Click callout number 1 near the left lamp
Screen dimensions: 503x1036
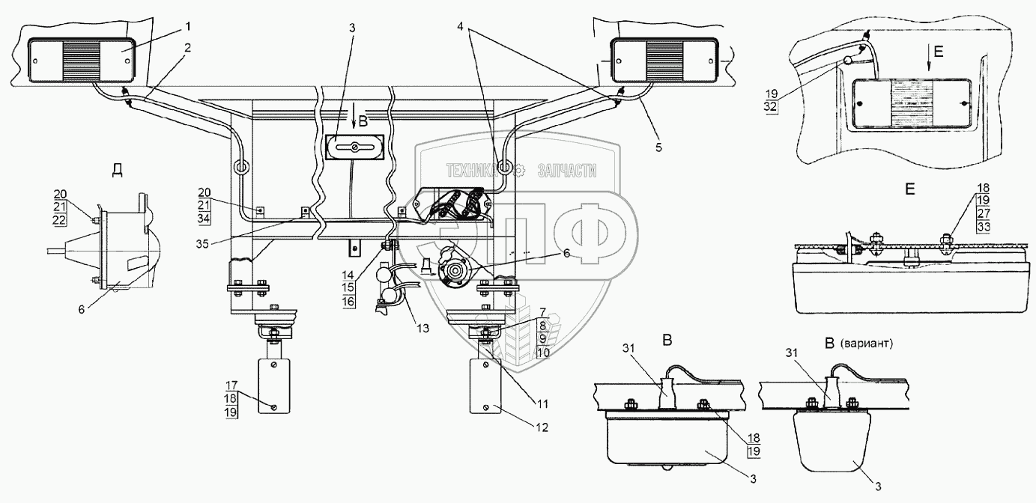[188, 27]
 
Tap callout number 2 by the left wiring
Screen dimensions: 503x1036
[188, 47]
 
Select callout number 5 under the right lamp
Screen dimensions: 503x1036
[658, 147]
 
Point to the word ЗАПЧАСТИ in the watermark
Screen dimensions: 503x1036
[567, 171]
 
